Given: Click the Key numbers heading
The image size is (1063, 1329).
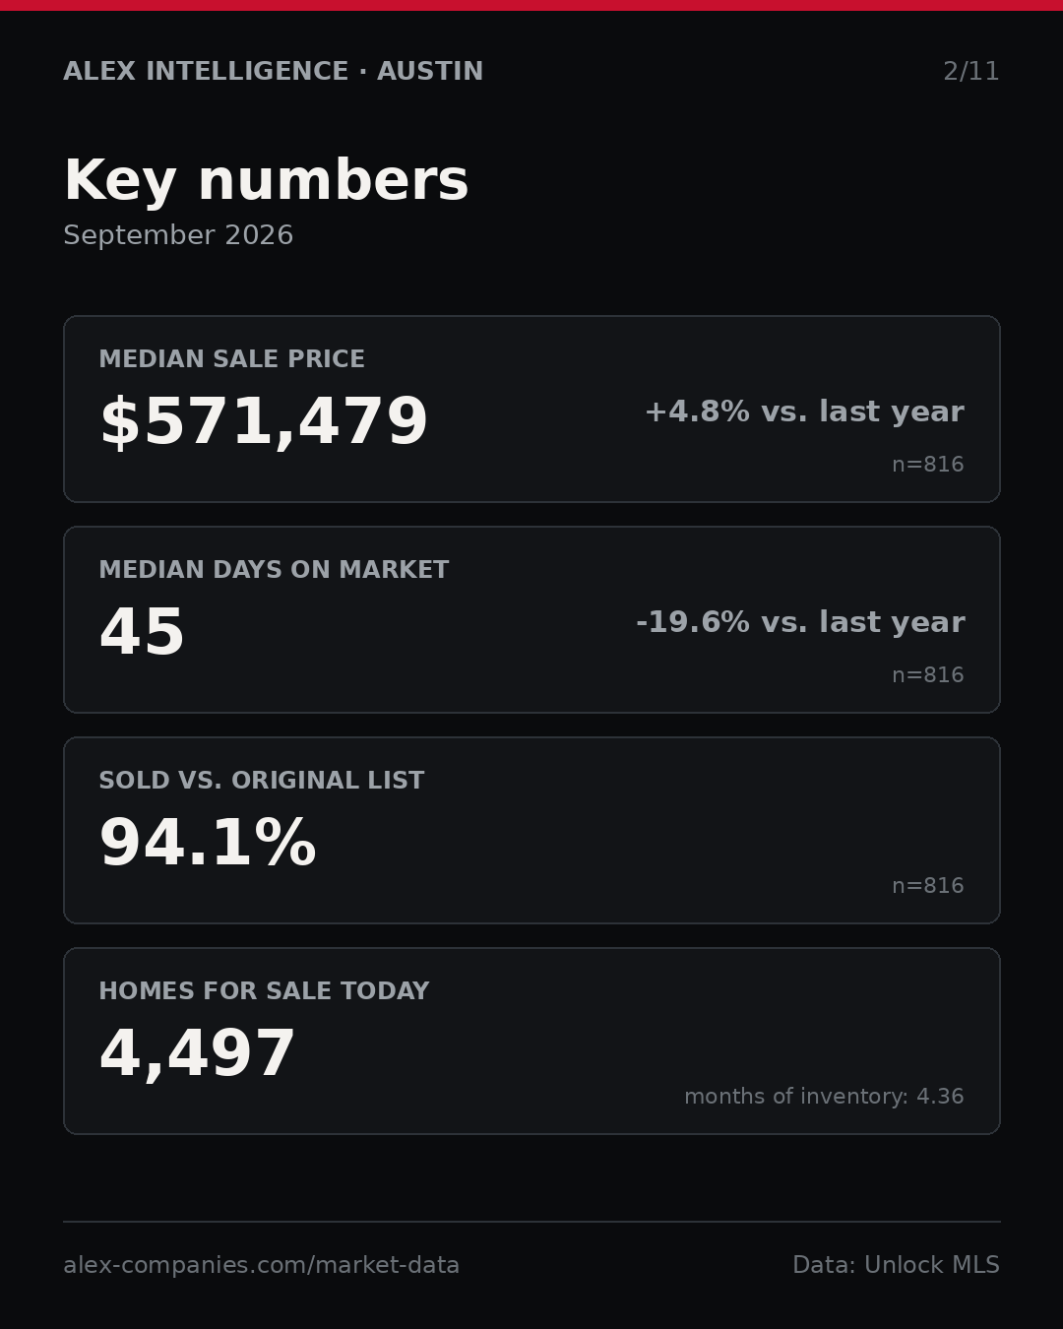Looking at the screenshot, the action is [266, 180].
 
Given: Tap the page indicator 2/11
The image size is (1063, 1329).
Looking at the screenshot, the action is [970, 71].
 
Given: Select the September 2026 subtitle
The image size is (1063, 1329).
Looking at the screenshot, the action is [178, 235].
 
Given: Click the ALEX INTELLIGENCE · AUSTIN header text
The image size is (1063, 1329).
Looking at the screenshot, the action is [273, 71].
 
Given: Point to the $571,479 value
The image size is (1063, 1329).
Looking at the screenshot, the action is [264, 421].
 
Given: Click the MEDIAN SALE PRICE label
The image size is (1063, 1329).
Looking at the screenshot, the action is [231, 358].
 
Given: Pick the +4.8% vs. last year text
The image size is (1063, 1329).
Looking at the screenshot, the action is [804, 411].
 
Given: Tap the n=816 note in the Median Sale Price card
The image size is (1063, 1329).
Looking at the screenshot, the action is [928, 465].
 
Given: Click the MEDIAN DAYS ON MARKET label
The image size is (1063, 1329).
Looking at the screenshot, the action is [274, 569].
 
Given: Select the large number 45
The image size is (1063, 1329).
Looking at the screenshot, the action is [142, 631].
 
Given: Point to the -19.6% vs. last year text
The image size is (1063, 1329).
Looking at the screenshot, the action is [800, 622].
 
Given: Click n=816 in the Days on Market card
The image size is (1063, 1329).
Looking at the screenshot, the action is [928, 675].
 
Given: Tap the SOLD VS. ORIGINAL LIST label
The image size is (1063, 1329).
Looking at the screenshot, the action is [261, 780].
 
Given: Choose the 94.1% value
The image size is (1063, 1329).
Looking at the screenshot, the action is [208, 843].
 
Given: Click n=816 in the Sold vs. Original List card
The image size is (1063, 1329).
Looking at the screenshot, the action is [928, 886].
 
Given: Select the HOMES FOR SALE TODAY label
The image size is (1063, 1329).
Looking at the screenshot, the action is [264, 990].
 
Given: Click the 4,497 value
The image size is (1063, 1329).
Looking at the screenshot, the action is [197, 1053].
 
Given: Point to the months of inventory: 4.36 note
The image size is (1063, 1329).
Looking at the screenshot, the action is [824, 1096].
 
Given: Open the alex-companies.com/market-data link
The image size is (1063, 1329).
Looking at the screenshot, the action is [261, 1265].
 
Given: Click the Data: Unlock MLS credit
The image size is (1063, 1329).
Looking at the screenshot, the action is [897, 1265].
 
